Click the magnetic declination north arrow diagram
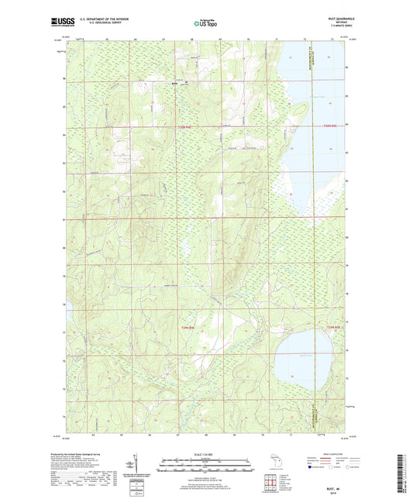click(129, 465)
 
